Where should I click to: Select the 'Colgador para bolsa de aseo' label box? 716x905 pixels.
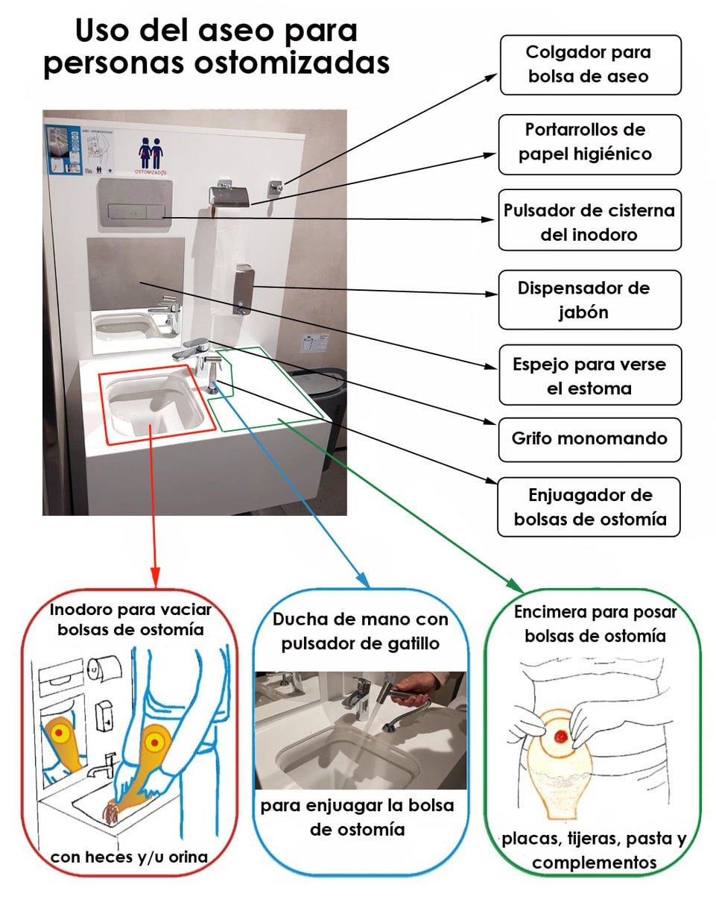[589, 65]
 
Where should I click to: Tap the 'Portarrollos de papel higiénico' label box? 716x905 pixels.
[589, 142]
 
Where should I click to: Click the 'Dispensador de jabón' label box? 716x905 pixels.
[589, 300]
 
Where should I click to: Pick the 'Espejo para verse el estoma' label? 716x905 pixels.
[589, 375]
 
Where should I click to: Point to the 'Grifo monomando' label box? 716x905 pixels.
[589, 438]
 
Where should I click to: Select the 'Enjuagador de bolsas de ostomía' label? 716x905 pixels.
[589, 507]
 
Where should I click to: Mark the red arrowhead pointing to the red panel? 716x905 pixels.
[155, 578]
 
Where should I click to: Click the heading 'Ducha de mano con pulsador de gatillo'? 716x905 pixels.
[361, 631]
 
